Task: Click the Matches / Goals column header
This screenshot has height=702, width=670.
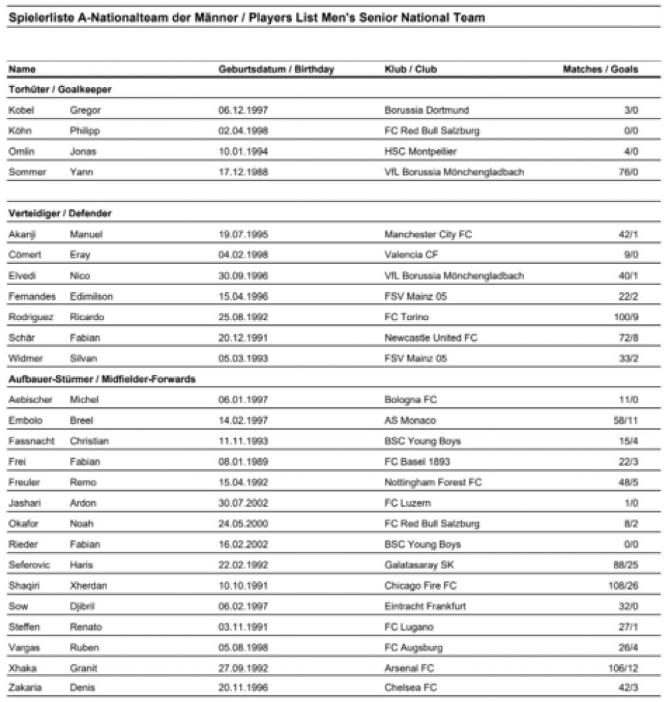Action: [599, 69]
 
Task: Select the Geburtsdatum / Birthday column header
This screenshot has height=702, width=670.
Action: [276, 69]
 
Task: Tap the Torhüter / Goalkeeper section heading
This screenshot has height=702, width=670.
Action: [60, 90]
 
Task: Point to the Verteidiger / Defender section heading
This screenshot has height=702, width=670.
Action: [60, 214]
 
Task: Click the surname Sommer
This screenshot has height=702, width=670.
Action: [27, 172]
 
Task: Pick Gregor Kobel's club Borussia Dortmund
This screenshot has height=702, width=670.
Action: [427, 110]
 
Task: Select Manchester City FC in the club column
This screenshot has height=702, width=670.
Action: [428, 234]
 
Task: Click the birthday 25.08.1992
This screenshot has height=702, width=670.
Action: [243, 317]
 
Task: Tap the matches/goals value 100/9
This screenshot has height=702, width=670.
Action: [625, 317]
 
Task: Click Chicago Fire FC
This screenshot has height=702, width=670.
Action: [420, 586]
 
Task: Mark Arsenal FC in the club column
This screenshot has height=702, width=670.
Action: [410, 668]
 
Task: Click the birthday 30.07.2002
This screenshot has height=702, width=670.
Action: [243, 503]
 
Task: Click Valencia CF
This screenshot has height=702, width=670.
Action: [411, 255]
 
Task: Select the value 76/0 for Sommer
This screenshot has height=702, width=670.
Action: [627, 172]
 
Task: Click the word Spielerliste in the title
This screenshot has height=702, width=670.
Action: [38, 18]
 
